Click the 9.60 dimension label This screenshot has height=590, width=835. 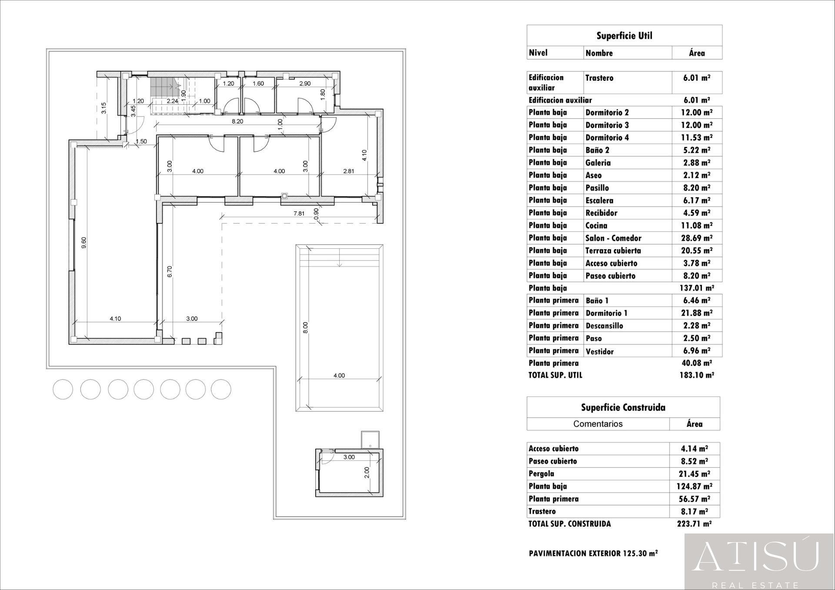[x=84, y=242]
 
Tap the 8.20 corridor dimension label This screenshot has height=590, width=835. [x=237, y=121]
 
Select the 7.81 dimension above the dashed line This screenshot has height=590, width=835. [x=299, y=213]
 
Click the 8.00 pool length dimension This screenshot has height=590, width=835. [x=305, y=327]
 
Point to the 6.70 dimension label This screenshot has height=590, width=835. [x=170, y=271]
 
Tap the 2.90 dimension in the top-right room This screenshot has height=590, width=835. [x=305, y=83]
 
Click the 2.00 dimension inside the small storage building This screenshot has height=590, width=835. [x=367, y=472]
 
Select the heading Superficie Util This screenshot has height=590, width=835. [x=624, y=36]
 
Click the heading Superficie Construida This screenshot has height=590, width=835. [x=623, y=407]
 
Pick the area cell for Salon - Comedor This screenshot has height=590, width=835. [x=696, y=238]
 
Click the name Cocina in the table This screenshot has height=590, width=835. [x=596, y=225]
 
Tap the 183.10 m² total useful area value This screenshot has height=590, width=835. [x=696, y=375]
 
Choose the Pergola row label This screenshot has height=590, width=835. [x=541, y=473]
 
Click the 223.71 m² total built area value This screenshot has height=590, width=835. [x=694, y=523]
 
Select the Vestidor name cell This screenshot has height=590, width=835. [x=599, y=351]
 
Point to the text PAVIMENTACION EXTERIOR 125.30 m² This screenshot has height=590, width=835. [x=593, y=553]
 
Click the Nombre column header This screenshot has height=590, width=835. [x=599, y=53]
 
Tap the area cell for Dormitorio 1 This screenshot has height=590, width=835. [x=696, y=313]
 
